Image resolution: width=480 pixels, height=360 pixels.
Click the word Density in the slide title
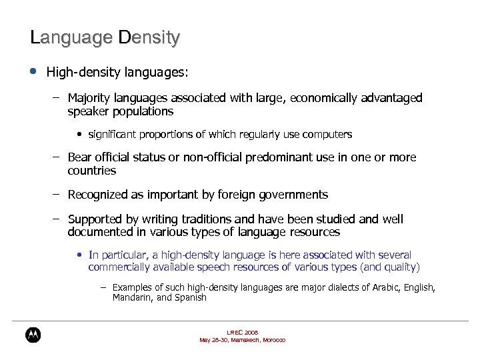point(149,37)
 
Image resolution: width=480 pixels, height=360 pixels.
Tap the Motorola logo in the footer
point(33,335)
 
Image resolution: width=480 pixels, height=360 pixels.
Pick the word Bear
point(80,157)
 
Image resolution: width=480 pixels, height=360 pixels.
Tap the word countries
point(92,171)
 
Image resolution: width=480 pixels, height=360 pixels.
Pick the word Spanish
point(191,298)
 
